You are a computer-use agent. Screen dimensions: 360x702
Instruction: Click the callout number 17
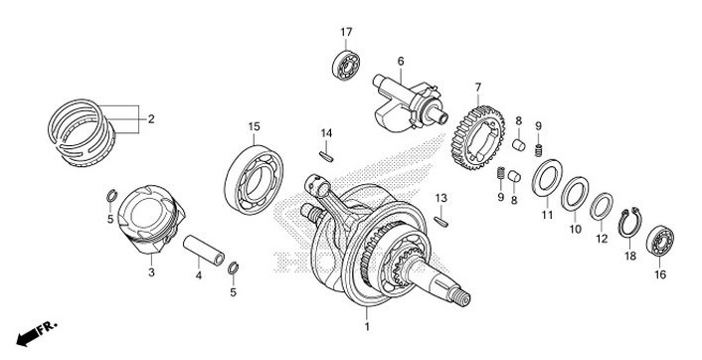(x=346, y=33)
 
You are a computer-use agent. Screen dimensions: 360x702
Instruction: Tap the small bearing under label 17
(x=345, y=67)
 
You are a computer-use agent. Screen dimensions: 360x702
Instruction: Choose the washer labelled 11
(x=545, y=183)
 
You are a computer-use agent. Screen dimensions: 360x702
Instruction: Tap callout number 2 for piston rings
(x=151, y=120)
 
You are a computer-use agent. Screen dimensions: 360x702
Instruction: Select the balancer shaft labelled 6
(x=404, y=100)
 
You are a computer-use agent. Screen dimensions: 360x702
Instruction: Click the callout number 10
(x=574, y=230)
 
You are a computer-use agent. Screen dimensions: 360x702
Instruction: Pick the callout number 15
(x=255, y=126)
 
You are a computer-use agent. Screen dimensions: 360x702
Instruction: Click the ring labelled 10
(x=574, y=195)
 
